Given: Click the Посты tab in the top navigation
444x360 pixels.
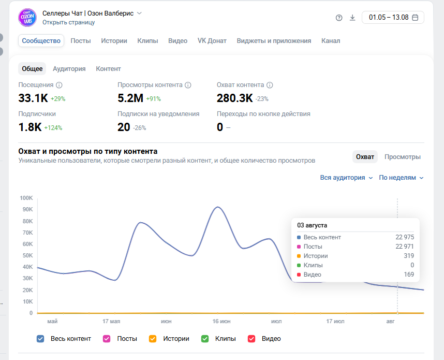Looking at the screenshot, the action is point(81,41).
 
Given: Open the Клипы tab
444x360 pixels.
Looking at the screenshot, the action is point(147,41).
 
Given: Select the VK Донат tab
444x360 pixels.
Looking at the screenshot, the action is point(212,41).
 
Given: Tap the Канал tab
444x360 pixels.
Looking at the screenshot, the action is point(331,41).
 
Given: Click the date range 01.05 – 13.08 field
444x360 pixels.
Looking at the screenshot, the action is point(393,17).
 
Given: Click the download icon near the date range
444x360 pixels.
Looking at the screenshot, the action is point(352,18).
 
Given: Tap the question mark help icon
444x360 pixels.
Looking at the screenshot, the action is point(339,18).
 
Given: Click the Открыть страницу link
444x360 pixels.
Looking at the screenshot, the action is point(68,22).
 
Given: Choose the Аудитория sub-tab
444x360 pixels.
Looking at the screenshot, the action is point(69,69).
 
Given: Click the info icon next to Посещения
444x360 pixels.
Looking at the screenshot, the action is point(59,85).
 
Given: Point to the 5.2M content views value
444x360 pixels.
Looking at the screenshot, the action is point(130,98).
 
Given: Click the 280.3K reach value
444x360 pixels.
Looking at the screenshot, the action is point(235,98).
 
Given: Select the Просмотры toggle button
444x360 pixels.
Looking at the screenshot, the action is point(403,157).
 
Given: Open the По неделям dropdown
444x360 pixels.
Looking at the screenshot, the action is point(401,178).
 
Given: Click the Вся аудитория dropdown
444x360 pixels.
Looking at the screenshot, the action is point(346,178).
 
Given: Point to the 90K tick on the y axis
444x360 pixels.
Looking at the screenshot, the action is point(28,209).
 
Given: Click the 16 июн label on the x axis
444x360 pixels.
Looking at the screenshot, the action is point(221,322).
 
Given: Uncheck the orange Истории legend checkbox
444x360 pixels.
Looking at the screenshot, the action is point(153,339).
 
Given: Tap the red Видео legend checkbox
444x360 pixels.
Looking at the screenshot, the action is point(251,339).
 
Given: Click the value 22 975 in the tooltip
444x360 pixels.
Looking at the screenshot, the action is point(405,237).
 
